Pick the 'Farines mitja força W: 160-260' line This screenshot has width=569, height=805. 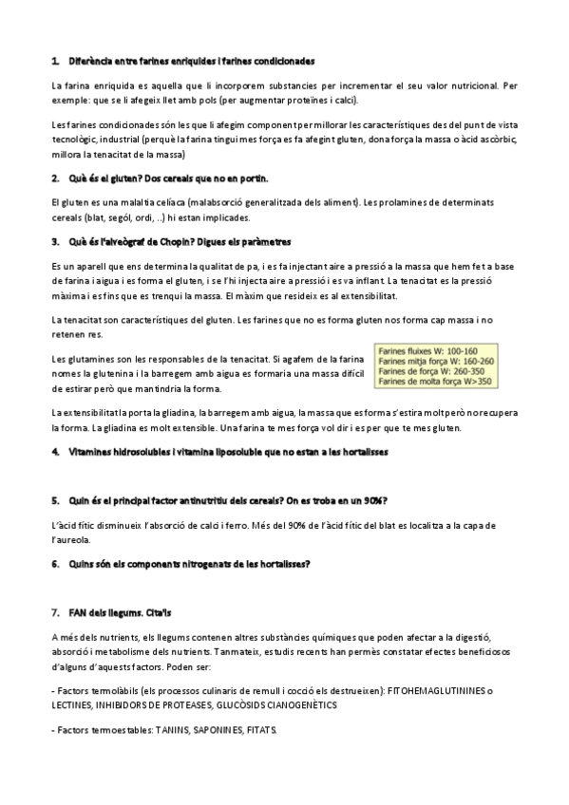(x=436, y=362)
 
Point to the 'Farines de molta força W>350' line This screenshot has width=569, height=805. (x=435, y=382)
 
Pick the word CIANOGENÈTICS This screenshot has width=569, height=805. (x=290, y=706)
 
